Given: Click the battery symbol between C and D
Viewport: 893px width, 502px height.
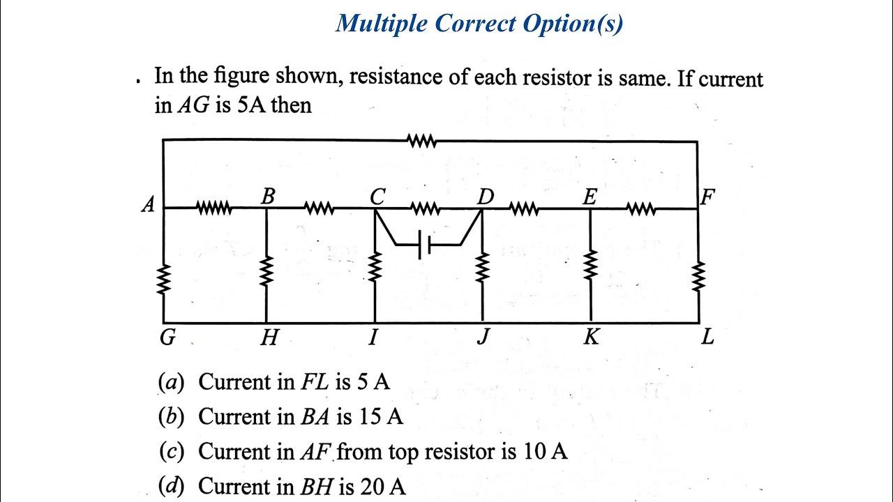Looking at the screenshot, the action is coord(424,244).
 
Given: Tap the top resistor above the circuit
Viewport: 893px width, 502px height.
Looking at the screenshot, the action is coord(422,141).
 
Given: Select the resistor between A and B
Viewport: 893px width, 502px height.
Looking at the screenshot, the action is coord(213,208).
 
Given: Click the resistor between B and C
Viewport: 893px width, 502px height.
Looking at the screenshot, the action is coord(319,208).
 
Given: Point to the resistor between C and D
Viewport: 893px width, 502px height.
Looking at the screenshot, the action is coord(425,208).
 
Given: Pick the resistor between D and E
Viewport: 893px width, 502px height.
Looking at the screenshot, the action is coord(524,208).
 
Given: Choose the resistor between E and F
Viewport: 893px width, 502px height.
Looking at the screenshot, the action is coord(640,208).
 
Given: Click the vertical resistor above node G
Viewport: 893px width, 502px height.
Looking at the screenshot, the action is coord(163,280).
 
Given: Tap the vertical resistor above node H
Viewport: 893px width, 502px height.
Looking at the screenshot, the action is coord(267,271).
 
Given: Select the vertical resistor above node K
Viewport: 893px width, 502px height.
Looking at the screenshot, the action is coord(590,266).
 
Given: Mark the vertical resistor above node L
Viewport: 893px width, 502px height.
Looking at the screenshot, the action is coord(698,277).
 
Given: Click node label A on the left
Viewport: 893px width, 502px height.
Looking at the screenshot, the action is coord(148,205).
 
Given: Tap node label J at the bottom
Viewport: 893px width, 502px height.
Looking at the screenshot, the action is coord(483,337).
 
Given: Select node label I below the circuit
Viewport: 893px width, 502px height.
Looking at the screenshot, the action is coord(373,337).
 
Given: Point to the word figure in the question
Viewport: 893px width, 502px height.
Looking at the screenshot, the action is coord(241,77).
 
